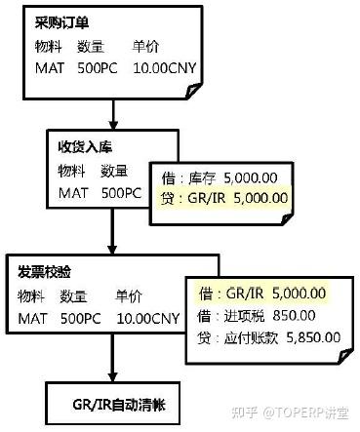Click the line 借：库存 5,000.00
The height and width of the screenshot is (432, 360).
point(227,177)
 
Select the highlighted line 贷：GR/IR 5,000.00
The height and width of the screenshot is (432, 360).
point(227,197)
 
